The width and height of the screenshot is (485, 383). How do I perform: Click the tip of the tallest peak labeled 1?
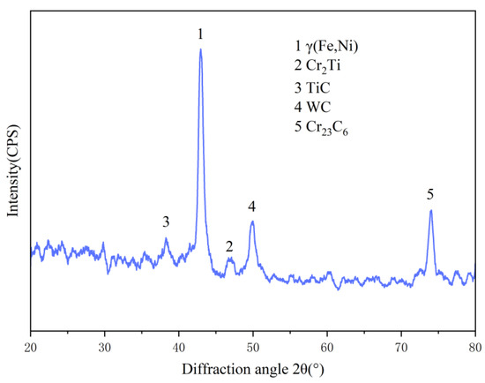[200, 49]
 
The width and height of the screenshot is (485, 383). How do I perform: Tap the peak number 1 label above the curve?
[200, 34]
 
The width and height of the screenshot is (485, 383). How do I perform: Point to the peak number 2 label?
[229, 246]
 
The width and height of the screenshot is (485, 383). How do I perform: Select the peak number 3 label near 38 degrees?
[166, 221]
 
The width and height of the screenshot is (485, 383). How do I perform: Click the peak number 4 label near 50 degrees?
[252, 206]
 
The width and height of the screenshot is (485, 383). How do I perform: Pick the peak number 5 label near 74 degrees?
[430, 193]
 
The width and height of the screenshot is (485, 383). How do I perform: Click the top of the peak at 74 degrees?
[430, 210]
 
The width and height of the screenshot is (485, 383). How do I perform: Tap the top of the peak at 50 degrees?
[252, 222]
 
